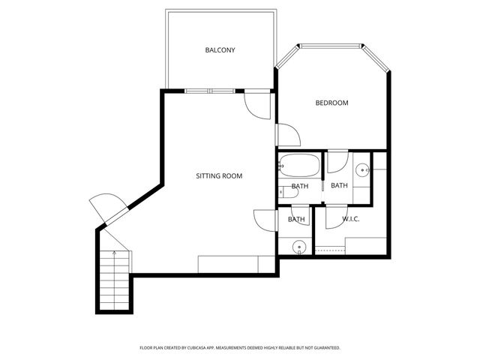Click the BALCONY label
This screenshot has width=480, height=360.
coord(220,50)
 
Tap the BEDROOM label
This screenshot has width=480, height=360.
coord(331,103)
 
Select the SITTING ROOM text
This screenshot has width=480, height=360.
coord(219,176)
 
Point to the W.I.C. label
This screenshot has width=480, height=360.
coord(351,220)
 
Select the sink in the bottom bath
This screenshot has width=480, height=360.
coord(298,245)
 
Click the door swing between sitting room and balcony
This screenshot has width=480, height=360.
coord(258,106)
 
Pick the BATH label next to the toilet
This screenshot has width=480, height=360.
coord(300,186)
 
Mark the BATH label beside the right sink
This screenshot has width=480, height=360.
coord(339,186)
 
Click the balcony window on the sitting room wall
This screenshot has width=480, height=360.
coord(211,91)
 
